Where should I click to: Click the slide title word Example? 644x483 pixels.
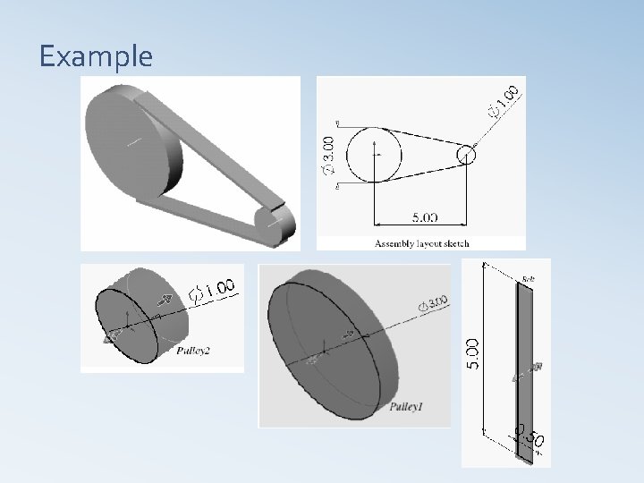coord(96,56)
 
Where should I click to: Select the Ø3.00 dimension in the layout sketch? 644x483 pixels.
coord(328,154)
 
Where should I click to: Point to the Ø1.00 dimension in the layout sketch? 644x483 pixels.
coord(502,101)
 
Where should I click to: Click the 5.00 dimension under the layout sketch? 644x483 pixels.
coord(424,216)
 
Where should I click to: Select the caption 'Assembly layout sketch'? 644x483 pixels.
coord(421,243)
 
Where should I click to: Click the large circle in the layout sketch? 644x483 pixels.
coord(375,155)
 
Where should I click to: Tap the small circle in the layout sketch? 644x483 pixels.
coord(466,156)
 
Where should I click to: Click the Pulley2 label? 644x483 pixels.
coord(193,352)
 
